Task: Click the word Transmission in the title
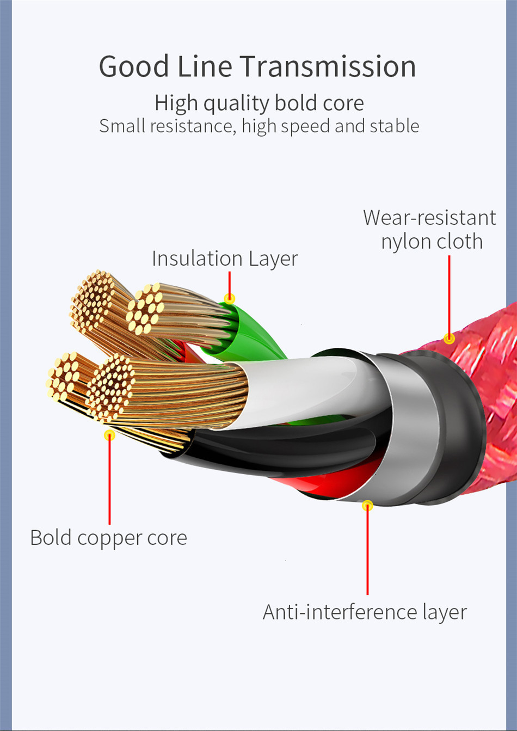point(328,67)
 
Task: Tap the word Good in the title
point(134,67)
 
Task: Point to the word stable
point(395,126)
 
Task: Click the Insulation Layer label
point(224,259)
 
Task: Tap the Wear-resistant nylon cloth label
point(429,229)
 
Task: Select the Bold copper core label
point(108,538)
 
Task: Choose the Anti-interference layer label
point(365,612)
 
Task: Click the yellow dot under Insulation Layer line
point(230,298)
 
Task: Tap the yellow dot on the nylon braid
point(449,339)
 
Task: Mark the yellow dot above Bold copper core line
point(109,435)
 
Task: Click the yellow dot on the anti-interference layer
point(368,505)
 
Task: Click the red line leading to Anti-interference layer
point(368,550)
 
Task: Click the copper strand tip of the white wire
point(112,381)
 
